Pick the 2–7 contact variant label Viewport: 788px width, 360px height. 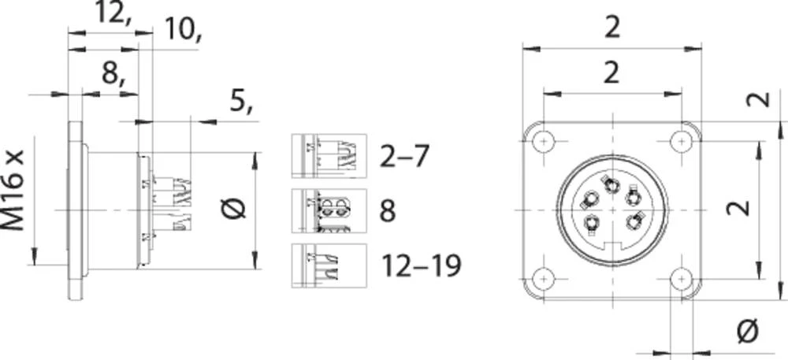point(404,156)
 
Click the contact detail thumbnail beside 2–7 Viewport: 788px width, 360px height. point(329,156)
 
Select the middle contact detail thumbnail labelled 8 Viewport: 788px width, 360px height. point(329,211)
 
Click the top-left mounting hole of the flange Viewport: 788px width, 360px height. point(542,142)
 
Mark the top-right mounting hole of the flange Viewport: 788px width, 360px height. point(681,142)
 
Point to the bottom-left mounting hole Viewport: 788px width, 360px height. point(542,280)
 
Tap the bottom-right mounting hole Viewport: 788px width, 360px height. point(681,280)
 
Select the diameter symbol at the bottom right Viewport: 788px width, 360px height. point(746,332)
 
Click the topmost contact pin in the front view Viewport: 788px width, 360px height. point(611,184)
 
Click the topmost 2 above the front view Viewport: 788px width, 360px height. point(612,28)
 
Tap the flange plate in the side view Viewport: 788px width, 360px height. point(75,210)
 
